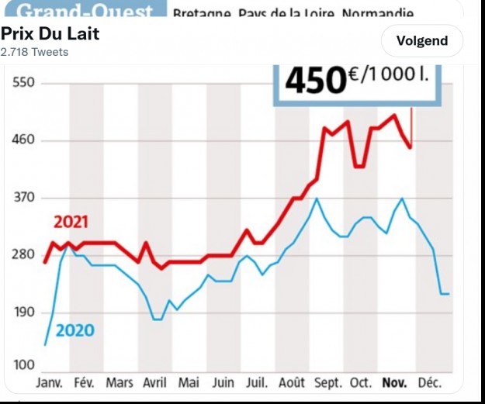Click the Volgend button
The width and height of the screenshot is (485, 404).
(422, 41)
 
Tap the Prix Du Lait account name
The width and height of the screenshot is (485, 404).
(50, 35)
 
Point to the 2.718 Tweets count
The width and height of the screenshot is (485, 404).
(34, 52)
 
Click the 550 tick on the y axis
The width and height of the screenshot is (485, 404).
(24, 83)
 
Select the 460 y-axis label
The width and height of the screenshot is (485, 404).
(24, 140)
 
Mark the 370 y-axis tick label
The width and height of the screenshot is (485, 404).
(24, 198)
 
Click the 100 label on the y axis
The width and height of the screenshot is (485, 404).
(24, 365)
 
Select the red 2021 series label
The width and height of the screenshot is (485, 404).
(71, 223)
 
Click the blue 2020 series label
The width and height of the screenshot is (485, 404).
(75, 331)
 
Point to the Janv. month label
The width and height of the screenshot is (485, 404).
(50, 383)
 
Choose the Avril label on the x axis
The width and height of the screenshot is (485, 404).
(154, 383)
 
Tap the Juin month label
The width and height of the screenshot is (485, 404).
(223, 383)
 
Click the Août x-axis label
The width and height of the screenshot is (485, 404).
(292, 383)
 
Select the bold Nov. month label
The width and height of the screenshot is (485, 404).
(396, 383)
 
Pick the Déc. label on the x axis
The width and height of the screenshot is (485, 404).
(430, 383)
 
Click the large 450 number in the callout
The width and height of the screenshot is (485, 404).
(314, 81)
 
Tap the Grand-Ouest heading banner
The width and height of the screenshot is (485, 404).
(85, 12)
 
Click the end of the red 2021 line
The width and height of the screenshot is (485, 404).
(411, 147)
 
